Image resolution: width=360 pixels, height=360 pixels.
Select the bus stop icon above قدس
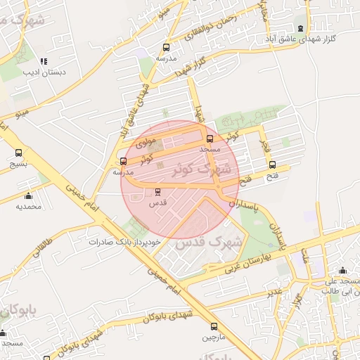coord(157,191)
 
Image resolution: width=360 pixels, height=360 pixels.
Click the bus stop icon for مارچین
coord(214,326)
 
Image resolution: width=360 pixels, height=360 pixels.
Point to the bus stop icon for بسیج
coord(18,153)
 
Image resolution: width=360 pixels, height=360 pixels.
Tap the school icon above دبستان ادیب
coord(44,61)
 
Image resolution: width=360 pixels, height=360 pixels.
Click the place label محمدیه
coord(30,207)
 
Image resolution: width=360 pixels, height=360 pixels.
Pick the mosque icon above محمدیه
coord(28,195)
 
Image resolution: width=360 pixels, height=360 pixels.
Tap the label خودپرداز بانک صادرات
coord(125,241)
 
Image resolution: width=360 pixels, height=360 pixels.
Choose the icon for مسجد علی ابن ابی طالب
coord(342,271)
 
